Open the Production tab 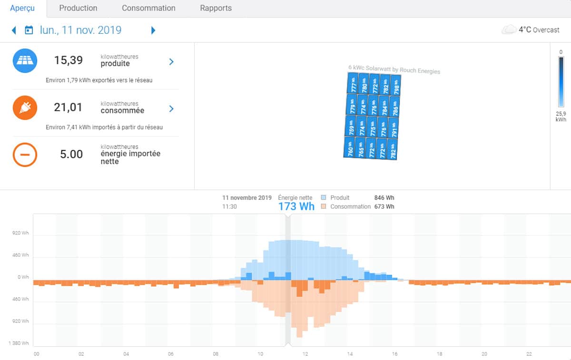tap(78, 8)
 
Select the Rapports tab tap(216, 8)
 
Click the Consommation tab tap(148, 8)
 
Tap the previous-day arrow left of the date tap(14, 30)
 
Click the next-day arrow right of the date tap(153, 30)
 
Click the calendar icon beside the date tap(29, 30)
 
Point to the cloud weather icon tap(509, 30)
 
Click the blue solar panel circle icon tap(25, 60)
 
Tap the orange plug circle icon tap(25, 107)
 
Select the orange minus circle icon tap(25, 155)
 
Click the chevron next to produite tap(172, 61)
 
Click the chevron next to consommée tap(172, 109)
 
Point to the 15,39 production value tap(68, 60)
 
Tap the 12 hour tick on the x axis tap(305, 354)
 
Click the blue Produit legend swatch tap(324, 198)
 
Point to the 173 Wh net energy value tap(296, 206)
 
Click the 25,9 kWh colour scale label tap(561, 117)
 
